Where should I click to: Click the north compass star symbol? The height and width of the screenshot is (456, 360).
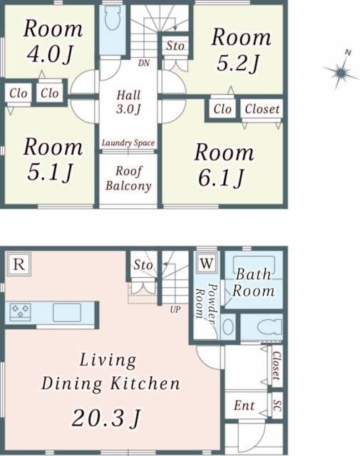pos(341,71)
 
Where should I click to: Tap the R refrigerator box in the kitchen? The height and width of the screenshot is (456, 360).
pos(19,264)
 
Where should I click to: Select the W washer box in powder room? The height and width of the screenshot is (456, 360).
pos(207,263)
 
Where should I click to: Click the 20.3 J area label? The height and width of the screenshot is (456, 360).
pos(106,418)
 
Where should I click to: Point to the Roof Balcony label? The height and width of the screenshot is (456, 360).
pos(128,179)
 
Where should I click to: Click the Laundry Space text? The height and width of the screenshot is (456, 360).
pos(128,143)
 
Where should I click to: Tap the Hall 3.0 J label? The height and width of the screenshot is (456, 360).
pos(128,102)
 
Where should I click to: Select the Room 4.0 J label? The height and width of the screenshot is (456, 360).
pos(53,41)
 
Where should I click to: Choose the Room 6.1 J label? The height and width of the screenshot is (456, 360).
pos(224,165)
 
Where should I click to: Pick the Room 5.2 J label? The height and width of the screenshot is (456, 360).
pos(241,50)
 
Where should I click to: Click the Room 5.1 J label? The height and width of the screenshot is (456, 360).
pos(53,160)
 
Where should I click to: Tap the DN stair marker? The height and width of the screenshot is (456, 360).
pos(144,63)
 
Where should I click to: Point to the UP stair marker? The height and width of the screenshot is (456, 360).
pos(175,309)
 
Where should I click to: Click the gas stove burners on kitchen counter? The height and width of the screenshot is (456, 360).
pos(20,311)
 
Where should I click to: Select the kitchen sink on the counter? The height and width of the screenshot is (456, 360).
pos(67,312)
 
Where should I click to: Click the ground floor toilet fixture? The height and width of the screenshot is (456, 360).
pos(269,327)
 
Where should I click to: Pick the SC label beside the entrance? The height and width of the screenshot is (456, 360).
pos(277,405)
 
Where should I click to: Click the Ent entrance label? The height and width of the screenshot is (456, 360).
pos(245,405)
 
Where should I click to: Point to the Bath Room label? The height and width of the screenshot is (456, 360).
pos(253,282)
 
